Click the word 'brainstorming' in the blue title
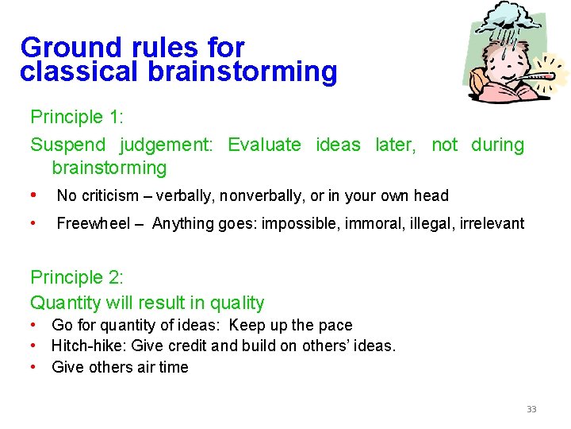(242, 72)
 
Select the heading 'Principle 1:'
(77, 117)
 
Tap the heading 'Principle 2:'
(77, 277)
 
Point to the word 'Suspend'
(67, 145)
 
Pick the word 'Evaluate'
(264, 145)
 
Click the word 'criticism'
(109, 195)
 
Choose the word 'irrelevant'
(494, 223)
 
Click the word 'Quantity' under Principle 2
(66, 303)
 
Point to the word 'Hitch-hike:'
(90, 346)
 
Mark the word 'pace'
(335, 325)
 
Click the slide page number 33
(531, 409)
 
